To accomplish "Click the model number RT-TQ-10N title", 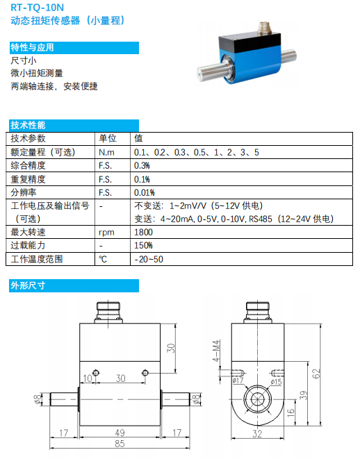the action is point(37,8).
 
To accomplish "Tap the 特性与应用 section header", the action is point(32,47).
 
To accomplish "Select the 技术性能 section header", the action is point(28,125).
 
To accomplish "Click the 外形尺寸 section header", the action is point(28,285).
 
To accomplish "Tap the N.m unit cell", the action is point(106,152).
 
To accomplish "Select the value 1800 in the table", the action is point(143,232).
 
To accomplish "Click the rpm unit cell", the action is point(106,233).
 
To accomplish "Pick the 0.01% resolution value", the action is point(144,192).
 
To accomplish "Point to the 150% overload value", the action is point(143,245).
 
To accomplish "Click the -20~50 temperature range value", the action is point(149,259).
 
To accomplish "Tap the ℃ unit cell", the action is point(103,259).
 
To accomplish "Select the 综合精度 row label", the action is point(28,165).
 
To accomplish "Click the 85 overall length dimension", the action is point(120,444).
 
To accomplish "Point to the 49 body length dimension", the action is point(120,433).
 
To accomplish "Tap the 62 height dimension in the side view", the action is point(316,374).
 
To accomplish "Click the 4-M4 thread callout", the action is point(216,351).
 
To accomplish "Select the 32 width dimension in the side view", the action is point(257,433).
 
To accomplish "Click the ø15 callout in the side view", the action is point(276,382).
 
